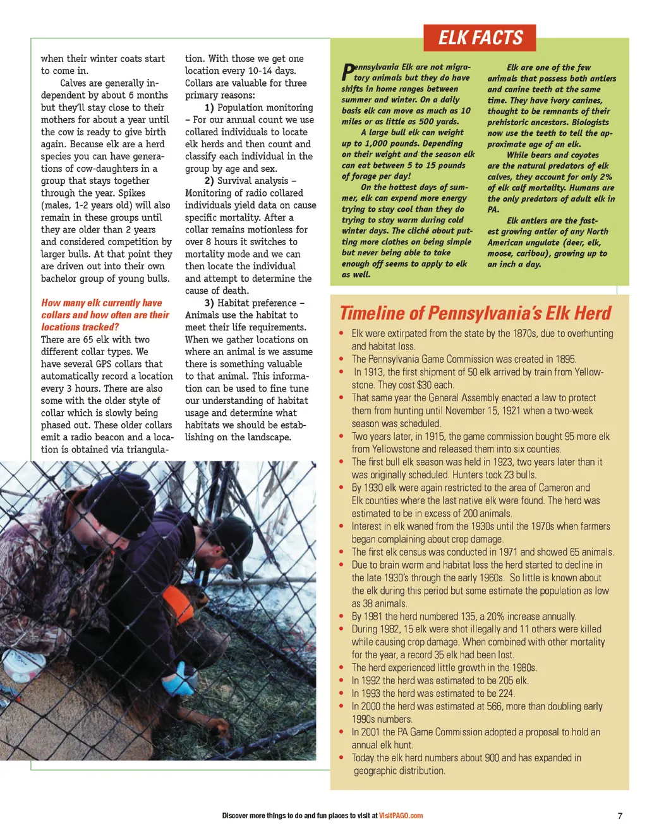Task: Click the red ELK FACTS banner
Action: [480, 38]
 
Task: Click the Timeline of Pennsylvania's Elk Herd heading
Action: [475, 313]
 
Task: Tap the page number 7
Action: [620, 816]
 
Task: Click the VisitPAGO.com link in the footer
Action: [401, 816]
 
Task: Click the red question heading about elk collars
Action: [105, 315]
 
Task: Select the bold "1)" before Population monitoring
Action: [209, 107]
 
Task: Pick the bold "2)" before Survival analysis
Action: [209, 181]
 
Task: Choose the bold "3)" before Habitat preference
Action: [209, 303]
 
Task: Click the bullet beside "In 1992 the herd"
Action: [342, 680]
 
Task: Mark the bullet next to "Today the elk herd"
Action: [342, 758]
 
